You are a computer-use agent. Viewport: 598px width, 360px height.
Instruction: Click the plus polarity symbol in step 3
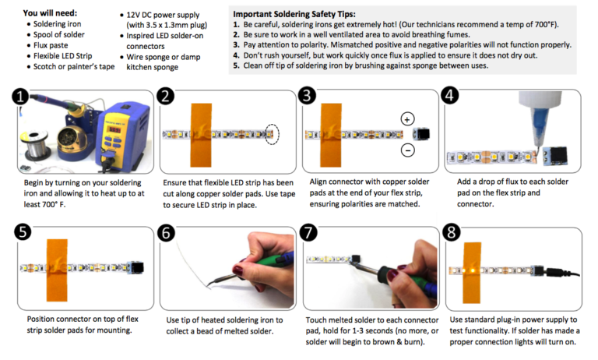(407, 119)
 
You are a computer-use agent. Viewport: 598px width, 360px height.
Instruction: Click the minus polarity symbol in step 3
(407, 150)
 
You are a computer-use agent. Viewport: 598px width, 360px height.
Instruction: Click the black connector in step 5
(139, 267)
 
